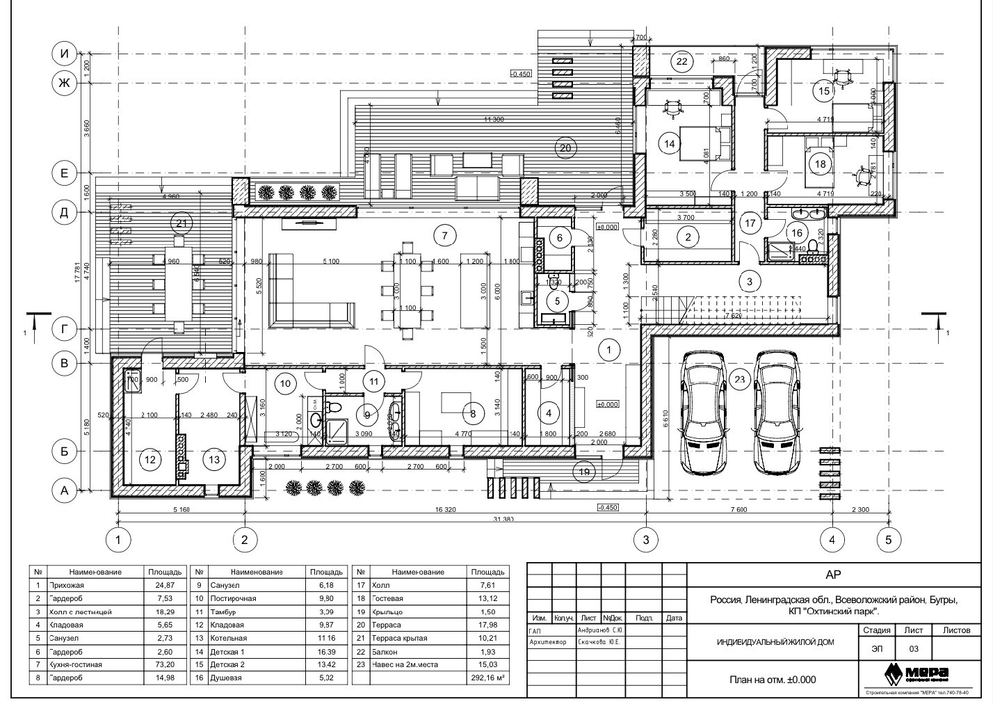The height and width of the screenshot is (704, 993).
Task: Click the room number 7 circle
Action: pyautogui.click(x=445, y=236)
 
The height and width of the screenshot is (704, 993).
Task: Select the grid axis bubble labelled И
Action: pyautogui.click(x=65, y=54)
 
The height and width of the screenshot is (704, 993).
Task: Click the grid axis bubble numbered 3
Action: pyautogui.click(x=646, y=539)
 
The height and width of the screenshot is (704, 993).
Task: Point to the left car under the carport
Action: pyautogui.click(x=703, y=413)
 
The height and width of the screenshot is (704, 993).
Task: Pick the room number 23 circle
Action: pyautogui.click(x=739, y=379)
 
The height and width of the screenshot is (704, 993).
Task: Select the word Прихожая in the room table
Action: pyautogui.click(x=66, y=585)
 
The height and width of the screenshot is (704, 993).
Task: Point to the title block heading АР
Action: pyautogui.click(x=832, y=574)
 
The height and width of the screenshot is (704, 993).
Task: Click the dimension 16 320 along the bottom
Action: pyautogui.click(x=445, y=510)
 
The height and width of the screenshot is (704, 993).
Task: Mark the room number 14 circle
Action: pyautogui.click(x=670, y=144)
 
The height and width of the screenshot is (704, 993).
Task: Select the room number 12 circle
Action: pyautogui.click(x=149, y=459)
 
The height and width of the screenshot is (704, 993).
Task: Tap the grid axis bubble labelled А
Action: pyautogui.click(x=65, y=491)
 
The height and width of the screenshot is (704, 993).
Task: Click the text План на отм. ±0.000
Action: pyautogui.click(x=773, y=680)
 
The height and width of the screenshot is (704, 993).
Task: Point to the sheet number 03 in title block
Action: pyautogui.click(x=914, y=648)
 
